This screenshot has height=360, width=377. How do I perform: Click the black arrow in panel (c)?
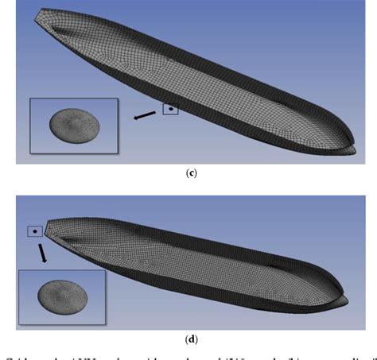[145, 116]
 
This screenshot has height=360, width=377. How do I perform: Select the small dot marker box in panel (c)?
[170, 109]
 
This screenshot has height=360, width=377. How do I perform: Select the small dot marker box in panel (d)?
[35, 231]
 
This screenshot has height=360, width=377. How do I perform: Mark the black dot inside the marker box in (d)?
[35, 231]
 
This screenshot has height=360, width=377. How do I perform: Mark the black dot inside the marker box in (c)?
[170, 109]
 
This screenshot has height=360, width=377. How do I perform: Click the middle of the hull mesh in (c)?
[199, 79]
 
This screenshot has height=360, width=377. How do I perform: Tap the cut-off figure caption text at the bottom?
[188, 354]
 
